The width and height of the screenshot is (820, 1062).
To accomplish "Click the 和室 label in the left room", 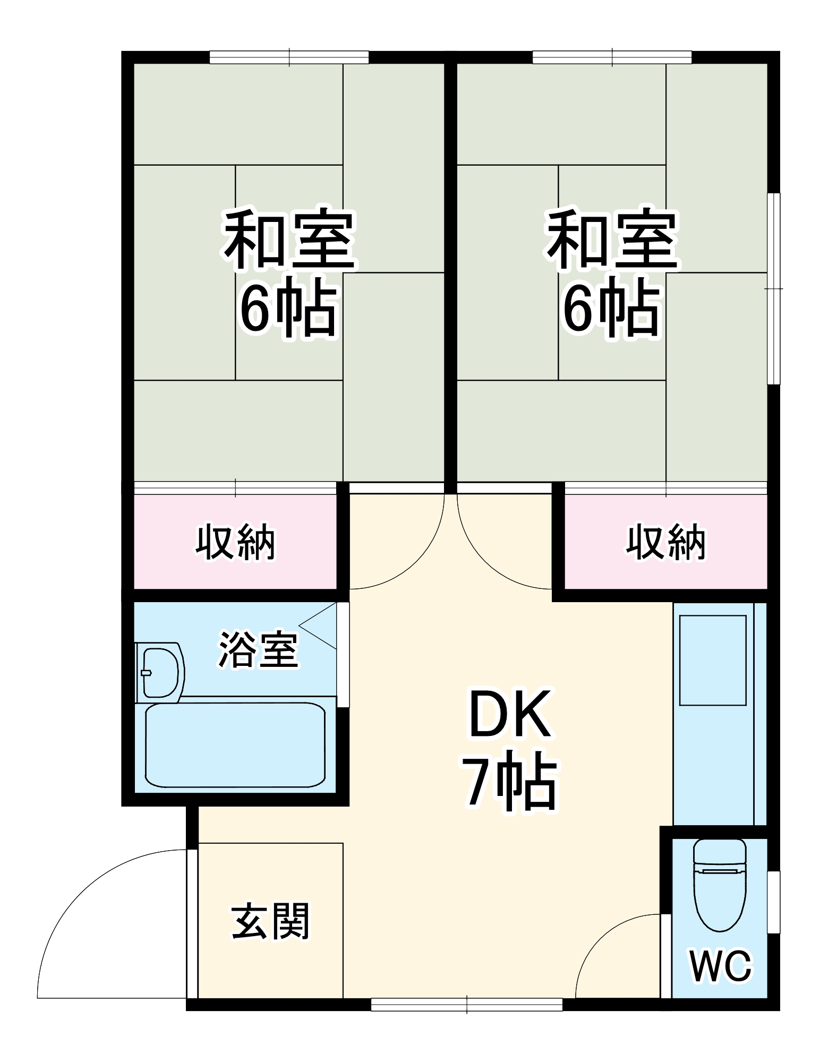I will tap(289, 239).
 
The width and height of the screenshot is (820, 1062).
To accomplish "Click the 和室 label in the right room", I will tap(612, 239).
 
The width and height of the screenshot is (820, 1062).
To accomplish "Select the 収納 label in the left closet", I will tap(235, 542).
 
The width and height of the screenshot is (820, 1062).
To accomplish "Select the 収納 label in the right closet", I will tap(665, 542).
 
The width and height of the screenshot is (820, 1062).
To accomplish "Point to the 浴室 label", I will tap(258, 649).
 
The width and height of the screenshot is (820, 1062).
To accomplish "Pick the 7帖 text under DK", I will tap(510, 781).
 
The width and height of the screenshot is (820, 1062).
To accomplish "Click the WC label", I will tap(720, 966).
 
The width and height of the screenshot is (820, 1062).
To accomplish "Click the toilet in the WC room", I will tap(720, 884).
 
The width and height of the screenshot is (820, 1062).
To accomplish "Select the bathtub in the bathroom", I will tap(235, 745).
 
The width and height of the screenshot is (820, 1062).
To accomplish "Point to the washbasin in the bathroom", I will tap(160, 672).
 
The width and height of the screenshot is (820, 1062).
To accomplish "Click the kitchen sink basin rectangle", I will tap(713, 660).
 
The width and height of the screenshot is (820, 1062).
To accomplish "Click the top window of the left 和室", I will tap(289, 57).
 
